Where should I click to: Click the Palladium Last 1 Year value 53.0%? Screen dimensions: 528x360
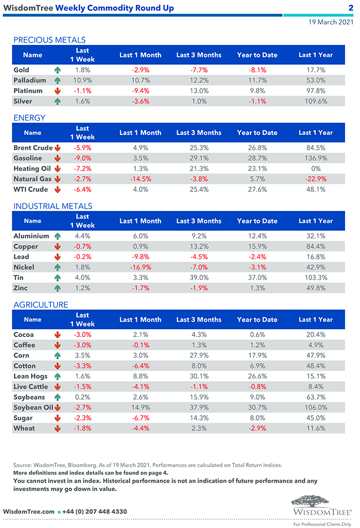(x=316, y=80)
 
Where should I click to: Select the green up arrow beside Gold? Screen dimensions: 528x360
(x=57, y=70)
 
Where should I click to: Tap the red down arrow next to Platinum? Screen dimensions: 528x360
(x=57, y=91)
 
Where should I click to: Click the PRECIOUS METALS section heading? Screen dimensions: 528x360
(x=49, y=40)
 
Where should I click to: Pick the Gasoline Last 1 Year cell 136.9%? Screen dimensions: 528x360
(x=316, y=158)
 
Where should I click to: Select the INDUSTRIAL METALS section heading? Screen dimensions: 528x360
(x=53, y=206)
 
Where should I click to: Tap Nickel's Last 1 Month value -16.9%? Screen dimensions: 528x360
(x=140, y=267)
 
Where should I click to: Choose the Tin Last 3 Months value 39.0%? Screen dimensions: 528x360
(x=199, y=278)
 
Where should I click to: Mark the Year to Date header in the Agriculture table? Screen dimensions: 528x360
(x=257, y=319)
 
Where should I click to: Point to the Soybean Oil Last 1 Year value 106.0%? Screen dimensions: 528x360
(x=316, y=408)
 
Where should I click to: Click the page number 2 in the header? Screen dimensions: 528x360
(x=351, y=8)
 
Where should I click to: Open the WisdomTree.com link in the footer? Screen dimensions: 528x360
(x=29, y=511)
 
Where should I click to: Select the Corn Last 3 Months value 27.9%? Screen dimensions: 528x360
(x=199, y=355)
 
